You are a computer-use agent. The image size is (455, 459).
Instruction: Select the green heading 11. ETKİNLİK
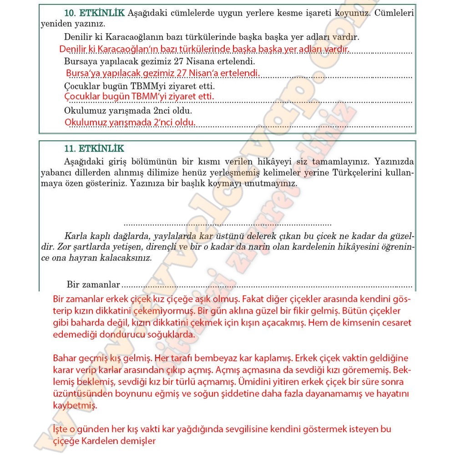click(94, 149)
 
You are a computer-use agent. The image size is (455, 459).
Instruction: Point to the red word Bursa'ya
click(81, 74)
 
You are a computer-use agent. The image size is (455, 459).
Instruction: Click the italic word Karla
click(76, 236)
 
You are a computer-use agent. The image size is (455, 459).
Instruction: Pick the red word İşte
click(61, 429)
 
